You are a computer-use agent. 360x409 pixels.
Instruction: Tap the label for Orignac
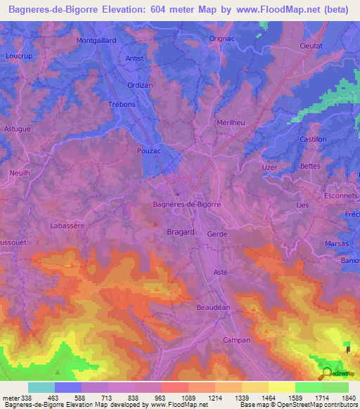(221, 39)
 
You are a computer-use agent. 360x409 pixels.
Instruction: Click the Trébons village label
(121, 104)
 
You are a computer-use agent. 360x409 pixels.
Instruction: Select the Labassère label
(67, 226)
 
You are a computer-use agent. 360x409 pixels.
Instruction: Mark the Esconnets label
(341, 195)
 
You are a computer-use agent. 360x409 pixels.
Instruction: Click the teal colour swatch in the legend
(41, 387)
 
